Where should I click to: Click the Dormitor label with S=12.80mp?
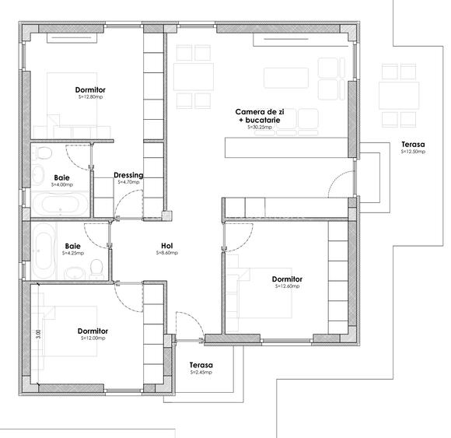click(92, 90)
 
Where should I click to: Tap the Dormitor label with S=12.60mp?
click(287, 279)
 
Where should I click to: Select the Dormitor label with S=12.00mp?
click(93, 331)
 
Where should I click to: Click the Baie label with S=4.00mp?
click(61, 178)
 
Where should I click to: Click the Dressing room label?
click(128, 175)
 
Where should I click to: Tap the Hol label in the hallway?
click(166, 245)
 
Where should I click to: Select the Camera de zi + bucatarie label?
click(260, 117)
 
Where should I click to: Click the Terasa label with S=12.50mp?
click(413, 145)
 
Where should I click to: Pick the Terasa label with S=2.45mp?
click(201, 365)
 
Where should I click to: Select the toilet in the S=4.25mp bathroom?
click(96, 268)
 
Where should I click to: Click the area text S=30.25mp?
click(260, 127)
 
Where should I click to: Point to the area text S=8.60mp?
click(166, 253)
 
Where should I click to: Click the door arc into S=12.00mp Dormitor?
click(127, 292)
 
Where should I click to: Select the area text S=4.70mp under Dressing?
click(128, 184)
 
